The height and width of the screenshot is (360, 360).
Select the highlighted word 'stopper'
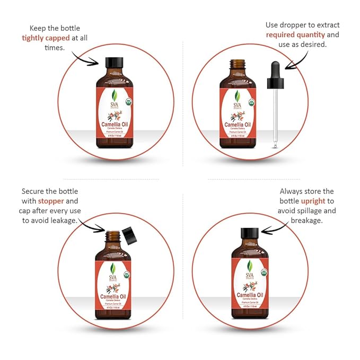[x=50, y=201]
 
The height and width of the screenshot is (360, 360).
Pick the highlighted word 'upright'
[x=313, y=201]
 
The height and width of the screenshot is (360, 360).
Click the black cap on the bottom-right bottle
[x=249, y=233]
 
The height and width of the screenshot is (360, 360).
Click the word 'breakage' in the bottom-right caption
[x=307, y=220]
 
